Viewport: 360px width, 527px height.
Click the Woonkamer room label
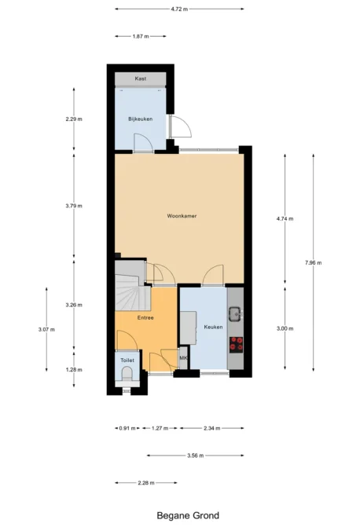point(182,216)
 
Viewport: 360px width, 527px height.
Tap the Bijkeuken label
point(140,119)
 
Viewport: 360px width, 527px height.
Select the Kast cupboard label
point(140,79)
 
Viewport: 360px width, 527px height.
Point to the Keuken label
point(213,327)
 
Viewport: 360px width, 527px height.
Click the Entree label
point(145,317)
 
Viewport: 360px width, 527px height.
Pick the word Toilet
point(127,360)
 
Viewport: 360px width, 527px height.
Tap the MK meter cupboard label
point(183,358)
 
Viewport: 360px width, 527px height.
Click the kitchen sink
point(235,314)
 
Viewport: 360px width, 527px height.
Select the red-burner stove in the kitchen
point(236,345)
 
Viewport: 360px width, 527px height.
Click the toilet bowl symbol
point(127,374)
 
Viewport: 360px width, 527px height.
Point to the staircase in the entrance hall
point(132,286)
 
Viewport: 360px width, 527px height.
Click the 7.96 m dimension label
point(314,263)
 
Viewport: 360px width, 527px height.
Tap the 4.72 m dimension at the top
point(179,9)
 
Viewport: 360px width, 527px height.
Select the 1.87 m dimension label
point(141,36)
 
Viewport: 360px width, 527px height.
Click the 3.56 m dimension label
point(196,456)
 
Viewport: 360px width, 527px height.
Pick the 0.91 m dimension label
point(127,428)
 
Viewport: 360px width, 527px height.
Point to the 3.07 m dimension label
point(46,330)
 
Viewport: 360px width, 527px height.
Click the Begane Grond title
point(188,515)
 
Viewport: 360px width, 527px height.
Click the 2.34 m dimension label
point(212,428)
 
